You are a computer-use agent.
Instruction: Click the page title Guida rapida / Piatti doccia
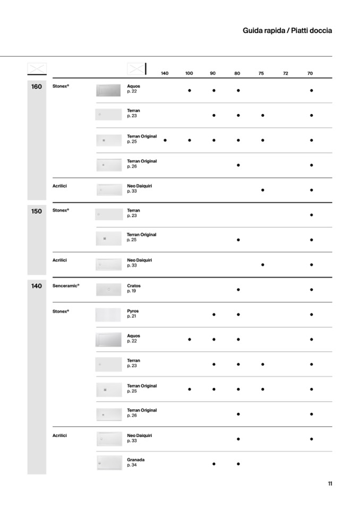287,31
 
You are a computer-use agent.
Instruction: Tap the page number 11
330,484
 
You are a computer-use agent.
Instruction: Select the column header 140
165,73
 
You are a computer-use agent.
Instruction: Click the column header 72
286,73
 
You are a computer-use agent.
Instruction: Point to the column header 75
261,73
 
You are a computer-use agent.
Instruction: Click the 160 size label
37,87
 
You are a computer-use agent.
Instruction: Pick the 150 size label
37,211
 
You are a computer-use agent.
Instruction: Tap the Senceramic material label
66,286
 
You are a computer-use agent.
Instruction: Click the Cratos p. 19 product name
134,288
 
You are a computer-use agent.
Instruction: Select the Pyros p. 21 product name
133,314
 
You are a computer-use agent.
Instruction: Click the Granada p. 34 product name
135,462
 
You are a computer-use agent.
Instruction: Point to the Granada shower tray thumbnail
109,463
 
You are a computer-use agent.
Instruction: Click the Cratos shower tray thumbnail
109,290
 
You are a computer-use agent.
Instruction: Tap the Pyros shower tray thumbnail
108,315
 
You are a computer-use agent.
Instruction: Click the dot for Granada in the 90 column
214,464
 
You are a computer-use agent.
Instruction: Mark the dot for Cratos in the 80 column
238,290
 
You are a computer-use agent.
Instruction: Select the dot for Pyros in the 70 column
311,315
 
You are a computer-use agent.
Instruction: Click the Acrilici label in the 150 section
59,260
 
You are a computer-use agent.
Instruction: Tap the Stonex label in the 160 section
61,86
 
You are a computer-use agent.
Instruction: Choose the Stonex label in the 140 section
61,311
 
